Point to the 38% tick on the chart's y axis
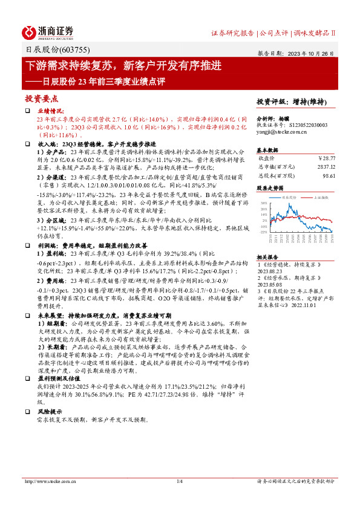click(264, 204)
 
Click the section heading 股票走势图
click(270, 188)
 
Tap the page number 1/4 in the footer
click(180, 481)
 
